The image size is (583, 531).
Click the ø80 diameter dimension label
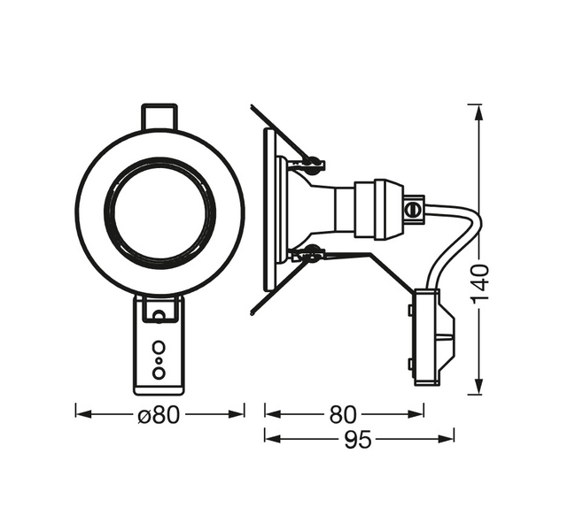(159, 414)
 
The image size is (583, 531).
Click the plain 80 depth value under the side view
(343, 414)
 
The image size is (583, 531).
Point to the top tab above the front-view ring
(159, 117)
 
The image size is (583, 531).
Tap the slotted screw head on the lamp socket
(410, 211)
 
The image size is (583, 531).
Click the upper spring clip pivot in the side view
(310, 162)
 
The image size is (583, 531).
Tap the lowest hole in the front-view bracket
(159, 373)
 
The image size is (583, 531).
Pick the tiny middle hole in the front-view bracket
(159, 360)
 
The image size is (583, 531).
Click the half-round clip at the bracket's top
(159, 312)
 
